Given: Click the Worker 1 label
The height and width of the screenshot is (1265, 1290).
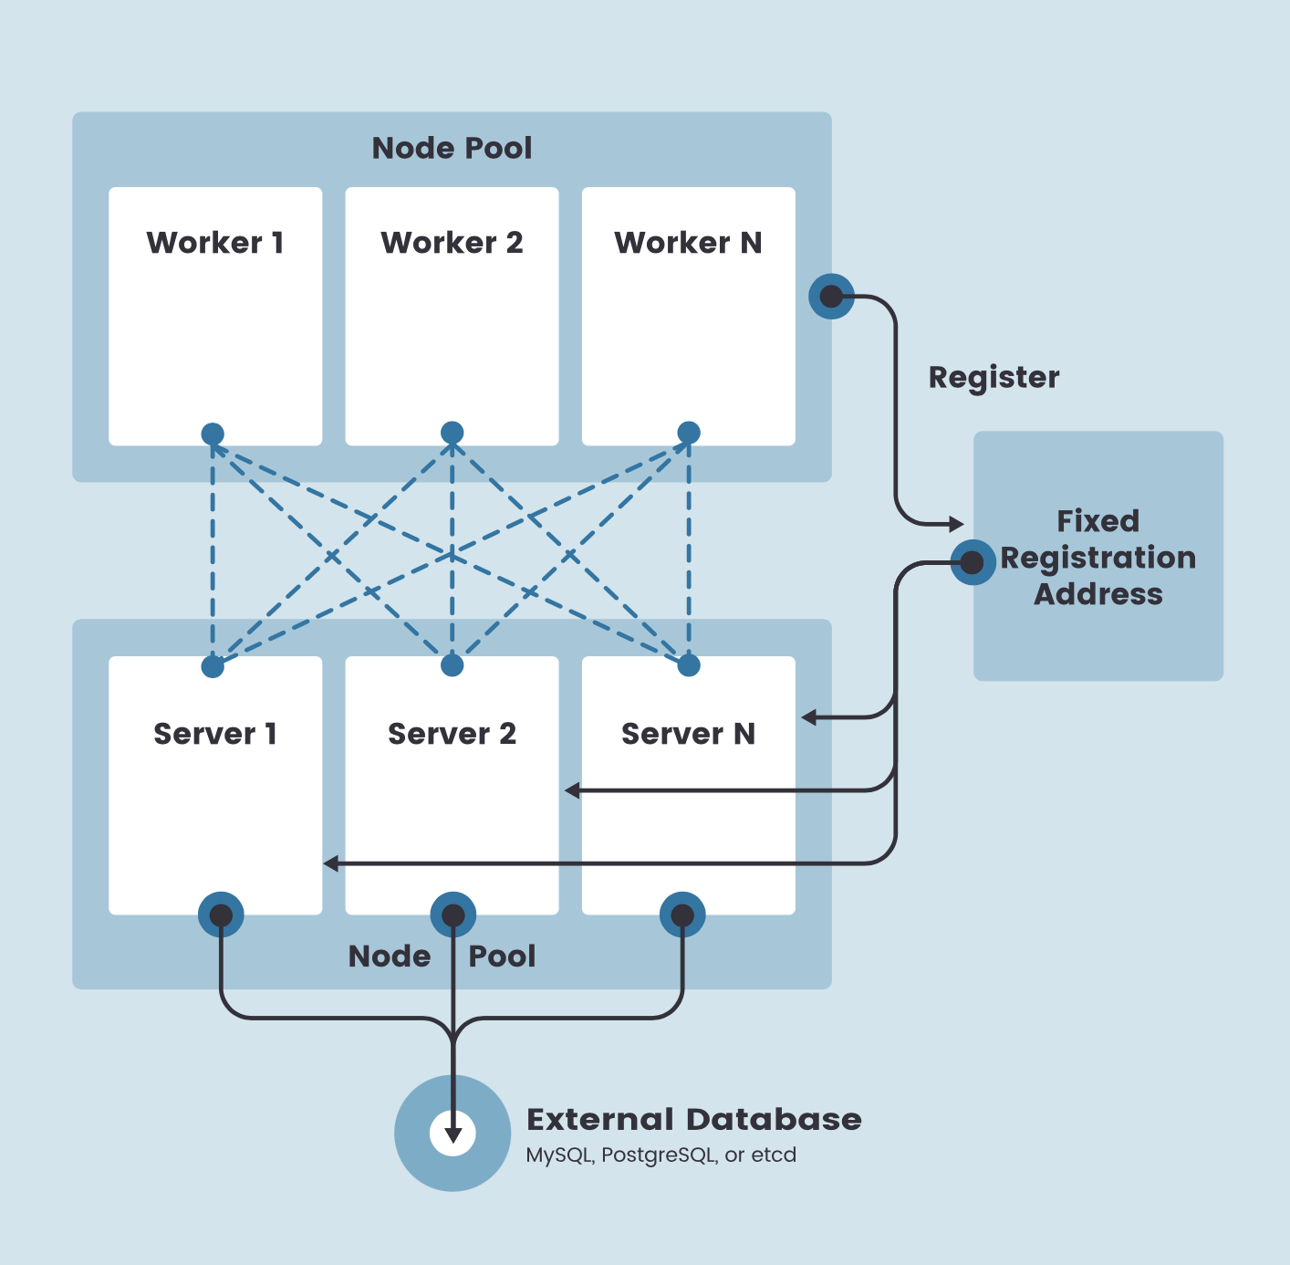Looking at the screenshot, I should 215,243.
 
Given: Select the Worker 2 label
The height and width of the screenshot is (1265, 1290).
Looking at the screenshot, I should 452,243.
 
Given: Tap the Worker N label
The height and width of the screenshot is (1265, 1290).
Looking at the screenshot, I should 688,243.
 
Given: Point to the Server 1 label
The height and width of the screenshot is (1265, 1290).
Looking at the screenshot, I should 215,734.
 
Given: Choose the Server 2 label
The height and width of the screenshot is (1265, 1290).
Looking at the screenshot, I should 452,734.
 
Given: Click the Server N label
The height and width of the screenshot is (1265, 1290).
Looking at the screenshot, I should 688,734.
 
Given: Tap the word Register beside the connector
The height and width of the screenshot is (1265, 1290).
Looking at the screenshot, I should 994,378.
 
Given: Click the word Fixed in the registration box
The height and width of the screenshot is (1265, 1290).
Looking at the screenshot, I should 1098,521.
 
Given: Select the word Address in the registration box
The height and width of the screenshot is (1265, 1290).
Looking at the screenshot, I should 1098,594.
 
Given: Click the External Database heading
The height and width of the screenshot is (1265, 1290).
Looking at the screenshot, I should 693,1120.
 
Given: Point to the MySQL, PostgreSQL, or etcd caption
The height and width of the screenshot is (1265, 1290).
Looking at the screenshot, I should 661,1155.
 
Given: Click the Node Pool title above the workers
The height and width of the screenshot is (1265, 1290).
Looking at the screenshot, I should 452,148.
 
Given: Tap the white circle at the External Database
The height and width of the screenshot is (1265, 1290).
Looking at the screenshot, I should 453,1133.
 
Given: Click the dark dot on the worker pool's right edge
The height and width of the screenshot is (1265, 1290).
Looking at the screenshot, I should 831,296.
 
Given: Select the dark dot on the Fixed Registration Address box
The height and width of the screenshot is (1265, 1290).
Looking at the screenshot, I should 973,562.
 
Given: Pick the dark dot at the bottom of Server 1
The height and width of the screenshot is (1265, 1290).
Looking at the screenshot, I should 221,915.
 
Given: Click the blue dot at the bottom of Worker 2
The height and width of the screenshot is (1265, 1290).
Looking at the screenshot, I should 452,433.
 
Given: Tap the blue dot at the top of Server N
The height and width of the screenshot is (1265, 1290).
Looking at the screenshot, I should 689,665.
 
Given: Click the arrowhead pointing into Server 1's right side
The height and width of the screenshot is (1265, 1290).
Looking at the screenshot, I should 331,863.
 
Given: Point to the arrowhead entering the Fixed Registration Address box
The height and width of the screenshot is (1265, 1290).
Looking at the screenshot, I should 956,524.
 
